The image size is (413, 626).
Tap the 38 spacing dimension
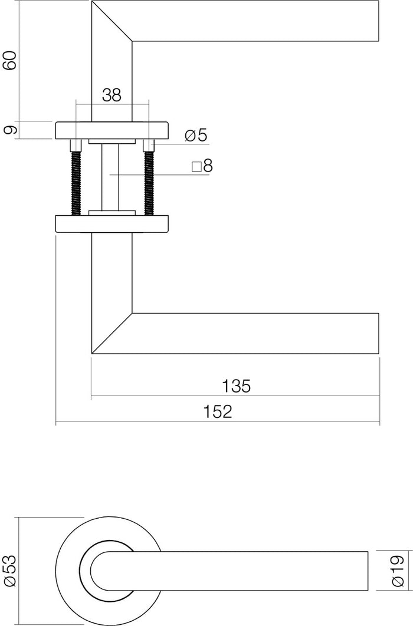tap(112, 95)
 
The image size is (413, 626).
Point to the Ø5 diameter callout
tap(196, 136)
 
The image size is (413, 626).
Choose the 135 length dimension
tap(236, 387)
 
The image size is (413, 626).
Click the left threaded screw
tap(76, 183)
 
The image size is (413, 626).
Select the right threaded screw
tap(149, 183)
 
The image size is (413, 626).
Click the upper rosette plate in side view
tap(112, 130)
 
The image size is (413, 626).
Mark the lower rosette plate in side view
tap(112, 223)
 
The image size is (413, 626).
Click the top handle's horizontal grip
tap(254, 21)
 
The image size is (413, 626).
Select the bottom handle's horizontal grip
tap(254, 333)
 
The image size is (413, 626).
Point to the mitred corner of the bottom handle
tap(112, 333)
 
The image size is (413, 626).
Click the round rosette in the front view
tap(68, 571)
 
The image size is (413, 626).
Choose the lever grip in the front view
tap(254, 571)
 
